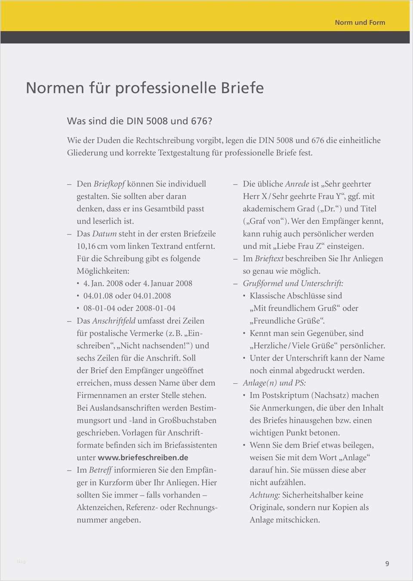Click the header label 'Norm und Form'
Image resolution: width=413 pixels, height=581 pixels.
point(360,22)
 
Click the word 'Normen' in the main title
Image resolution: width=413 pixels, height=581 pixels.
point(55,88)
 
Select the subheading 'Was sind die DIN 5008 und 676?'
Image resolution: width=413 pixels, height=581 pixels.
point(139,121)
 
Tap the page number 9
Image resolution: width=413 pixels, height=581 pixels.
point(387,563)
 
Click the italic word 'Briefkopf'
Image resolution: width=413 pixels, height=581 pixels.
point(109,184)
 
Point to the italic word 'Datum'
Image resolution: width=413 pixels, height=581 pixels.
point(104,234)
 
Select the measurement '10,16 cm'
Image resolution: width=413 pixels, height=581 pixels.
point(92,246)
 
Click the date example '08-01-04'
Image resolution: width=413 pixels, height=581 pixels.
point(99,308)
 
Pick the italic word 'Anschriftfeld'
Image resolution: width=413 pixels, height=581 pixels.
point(114,321)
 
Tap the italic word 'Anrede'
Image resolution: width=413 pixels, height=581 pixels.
point(297,184)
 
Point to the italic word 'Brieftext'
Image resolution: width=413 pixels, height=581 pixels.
point(269,259)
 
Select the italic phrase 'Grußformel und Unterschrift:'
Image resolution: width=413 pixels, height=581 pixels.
point(293,284)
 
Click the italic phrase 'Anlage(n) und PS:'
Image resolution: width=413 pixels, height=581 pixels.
point(274,383)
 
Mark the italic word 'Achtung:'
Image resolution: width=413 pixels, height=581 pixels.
point(265,495)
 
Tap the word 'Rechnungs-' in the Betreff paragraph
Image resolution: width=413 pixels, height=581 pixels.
point(197,508)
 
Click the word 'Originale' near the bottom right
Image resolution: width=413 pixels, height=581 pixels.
point(266,508)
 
